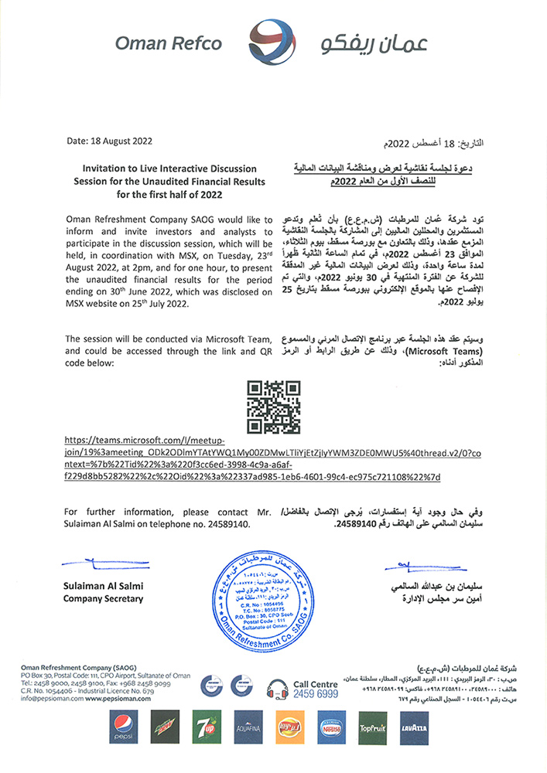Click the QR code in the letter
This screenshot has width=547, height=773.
(x=272, y=407)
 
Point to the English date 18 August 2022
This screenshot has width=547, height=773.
(x=110, y=141)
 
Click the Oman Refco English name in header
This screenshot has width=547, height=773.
(x=169, y=44)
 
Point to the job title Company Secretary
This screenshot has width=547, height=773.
(x=103, y=599)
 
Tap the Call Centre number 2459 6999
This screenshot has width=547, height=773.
(x=316, y=694)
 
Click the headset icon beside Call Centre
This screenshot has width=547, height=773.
(x=277, y=688)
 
